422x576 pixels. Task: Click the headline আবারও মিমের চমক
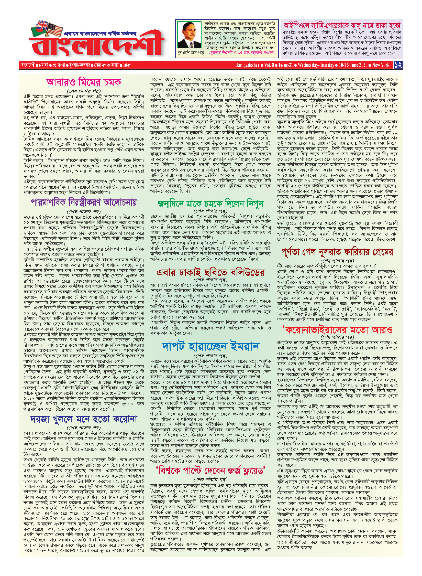click(84, 82)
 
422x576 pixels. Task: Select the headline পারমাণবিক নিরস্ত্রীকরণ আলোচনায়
click(84, 202)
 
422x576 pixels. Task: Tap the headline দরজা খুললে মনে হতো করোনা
click(84, 419)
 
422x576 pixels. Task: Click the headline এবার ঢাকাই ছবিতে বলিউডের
click(210, 272)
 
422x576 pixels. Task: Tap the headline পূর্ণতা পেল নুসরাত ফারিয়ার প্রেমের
click(337, 252)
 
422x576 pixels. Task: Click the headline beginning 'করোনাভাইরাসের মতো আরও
click(337, 329)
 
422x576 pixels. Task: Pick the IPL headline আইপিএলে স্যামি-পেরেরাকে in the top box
click(342, 25)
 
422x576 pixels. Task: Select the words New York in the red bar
click(381, 65)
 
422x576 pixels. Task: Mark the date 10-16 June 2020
click(353, 65)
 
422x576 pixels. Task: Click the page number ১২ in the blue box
click(398, 65)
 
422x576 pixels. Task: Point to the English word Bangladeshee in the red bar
click(247, 65)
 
